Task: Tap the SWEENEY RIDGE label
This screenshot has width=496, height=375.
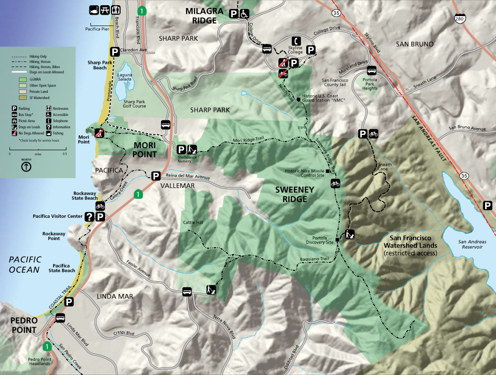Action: pyautogui.click(x=291, y=194)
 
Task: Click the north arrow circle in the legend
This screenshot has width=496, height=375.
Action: pyautogui.click(x=27, y=167)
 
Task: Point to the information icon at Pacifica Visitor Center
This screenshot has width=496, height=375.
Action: pyautogui.click(x=89, y=216)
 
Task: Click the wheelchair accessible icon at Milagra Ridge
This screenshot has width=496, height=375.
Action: pyautogui.click(x=244, y=14)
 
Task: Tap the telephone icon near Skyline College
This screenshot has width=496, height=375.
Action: pyautogui.click(x=296, y=41)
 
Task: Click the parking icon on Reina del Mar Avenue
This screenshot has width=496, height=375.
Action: pyautogui.click(x=155, y=177)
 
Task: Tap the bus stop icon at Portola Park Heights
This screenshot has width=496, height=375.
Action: pyautogui.click(x=372, y=70)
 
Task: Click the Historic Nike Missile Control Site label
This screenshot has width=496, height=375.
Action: pyautogui.click(x=305, y=173)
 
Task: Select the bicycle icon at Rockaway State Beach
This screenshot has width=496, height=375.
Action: pyautogui.click(x=100, y=206)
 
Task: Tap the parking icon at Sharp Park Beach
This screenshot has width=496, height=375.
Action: pyautogui.click(x=115, y=52)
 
